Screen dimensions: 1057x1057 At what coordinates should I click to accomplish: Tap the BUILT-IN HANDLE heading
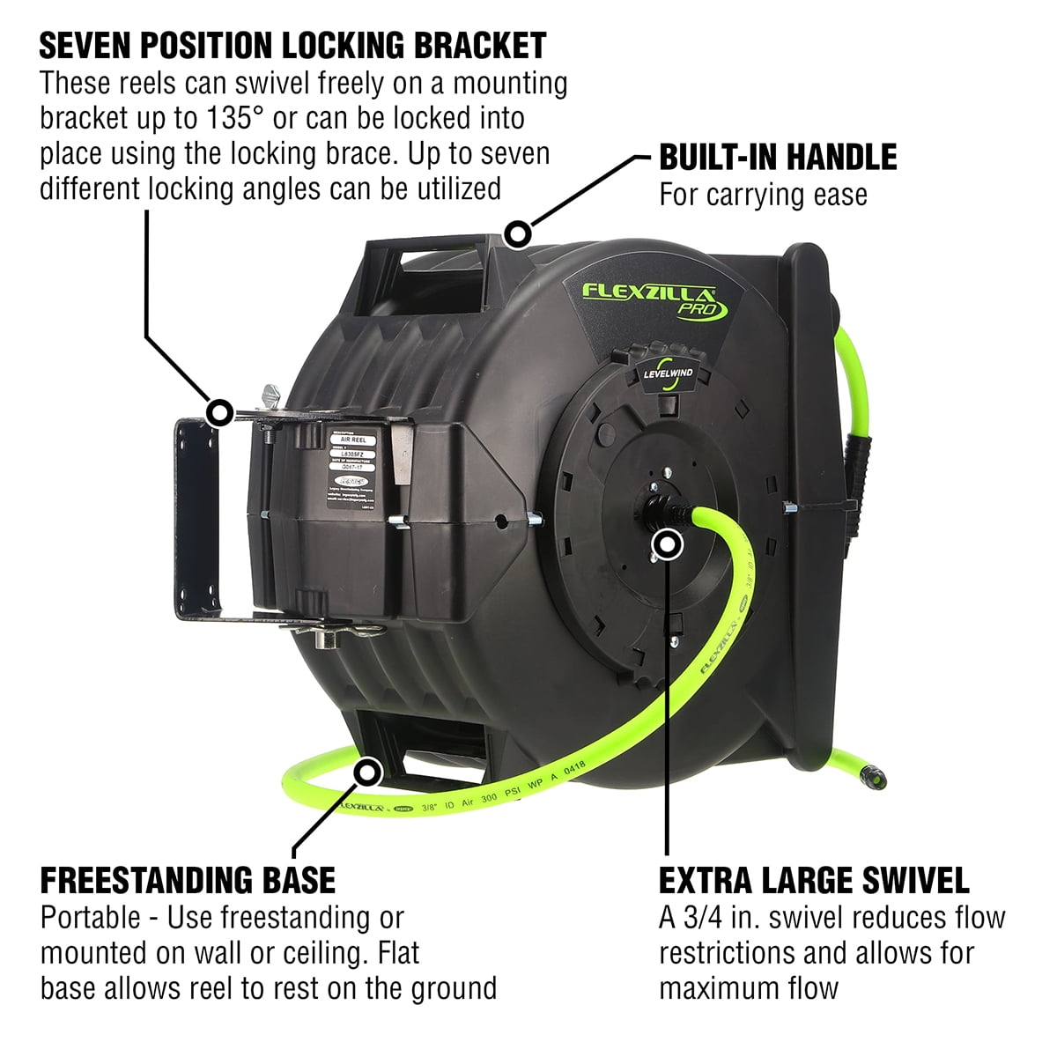coord(778,157)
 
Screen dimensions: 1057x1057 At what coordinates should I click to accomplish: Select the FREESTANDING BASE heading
coord(188,880)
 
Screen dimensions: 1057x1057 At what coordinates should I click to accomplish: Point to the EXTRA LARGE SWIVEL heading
coord(814,880)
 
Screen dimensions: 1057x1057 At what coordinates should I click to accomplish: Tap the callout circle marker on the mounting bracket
coord(218,411)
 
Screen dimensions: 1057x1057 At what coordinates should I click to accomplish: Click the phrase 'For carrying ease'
coord(763,195)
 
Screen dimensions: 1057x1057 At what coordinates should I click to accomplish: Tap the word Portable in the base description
coord(90,917)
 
